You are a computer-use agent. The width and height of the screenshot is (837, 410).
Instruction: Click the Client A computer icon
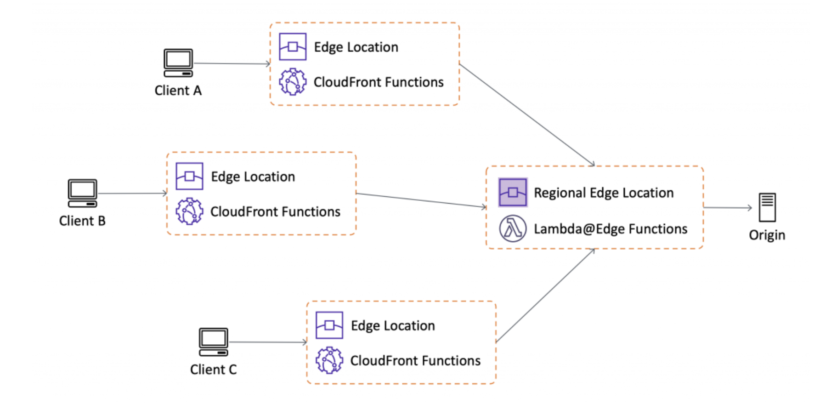coord(178,63)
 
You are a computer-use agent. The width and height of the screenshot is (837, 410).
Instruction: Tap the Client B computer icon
coord(83,193)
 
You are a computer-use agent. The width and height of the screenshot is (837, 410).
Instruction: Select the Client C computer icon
coord(214,342)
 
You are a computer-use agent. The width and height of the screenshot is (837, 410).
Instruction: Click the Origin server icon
coord(767,207)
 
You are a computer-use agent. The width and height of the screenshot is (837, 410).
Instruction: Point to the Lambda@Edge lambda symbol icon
coord(513,228)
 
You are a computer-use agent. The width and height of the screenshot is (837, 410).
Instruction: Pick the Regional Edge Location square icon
coord(513,192)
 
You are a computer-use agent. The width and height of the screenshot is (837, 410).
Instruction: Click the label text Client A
coord(178,91)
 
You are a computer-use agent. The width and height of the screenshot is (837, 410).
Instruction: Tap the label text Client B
coord(83,221)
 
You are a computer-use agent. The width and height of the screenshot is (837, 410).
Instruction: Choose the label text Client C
coord(214,370)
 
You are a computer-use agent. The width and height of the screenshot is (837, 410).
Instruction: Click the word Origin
coord(767,235)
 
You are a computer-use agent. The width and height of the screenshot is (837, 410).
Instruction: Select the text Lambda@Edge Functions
coord(611,229)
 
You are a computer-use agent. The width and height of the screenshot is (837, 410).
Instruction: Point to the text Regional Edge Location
coord(604,193)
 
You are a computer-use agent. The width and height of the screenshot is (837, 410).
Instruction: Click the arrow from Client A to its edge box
coord(232,63)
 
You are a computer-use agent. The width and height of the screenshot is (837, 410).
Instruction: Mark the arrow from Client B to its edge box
coord(132,193)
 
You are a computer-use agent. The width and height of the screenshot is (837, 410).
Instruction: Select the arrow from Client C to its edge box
coord(268,342)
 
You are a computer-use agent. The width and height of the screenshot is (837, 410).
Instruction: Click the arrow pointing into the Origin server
coord(728,208)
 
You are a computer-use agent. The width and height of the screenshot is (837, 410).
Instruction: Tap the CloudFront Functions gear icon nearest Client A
coord(293,82)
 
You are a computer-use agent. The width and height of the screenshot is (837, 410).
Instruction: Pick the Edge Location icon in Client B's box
coord(189,176)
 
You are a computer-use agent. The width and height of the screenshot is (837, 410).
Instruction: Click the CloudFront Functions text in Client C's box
coord(415,361)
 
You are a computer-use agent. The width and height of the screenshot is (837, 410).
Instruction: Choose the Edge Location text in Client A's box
coord(356,47)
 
